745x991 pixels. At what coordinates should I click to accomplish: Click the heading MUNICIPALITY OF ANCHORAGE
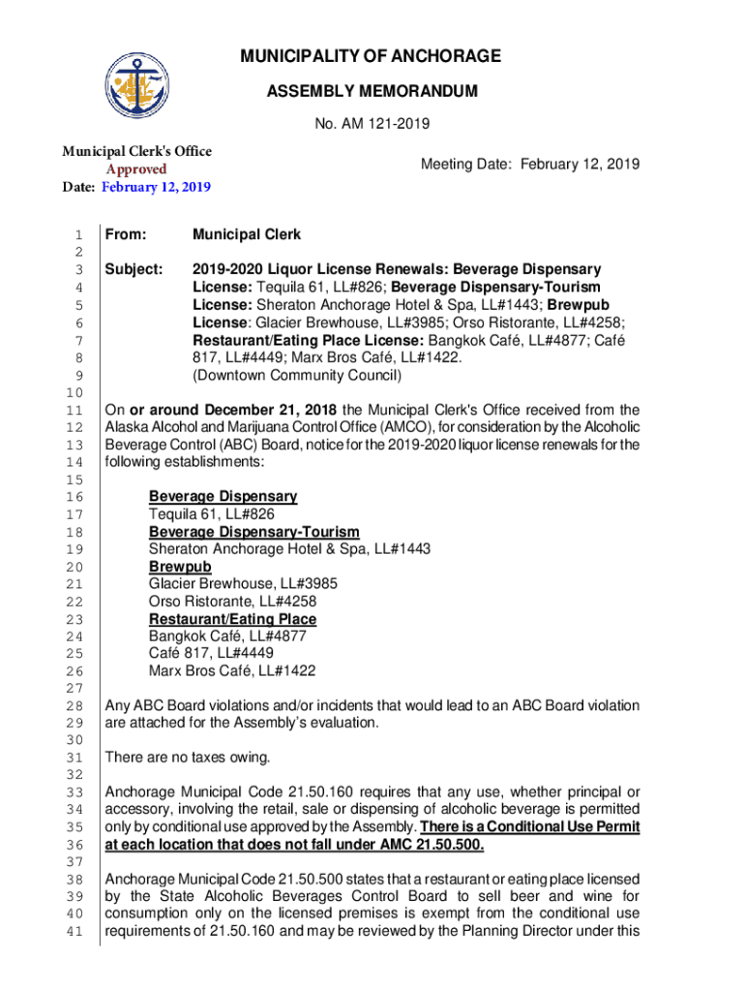tap(372, 57)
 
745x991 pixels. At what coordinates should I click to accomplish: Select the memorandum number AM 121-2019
tap(372, 124)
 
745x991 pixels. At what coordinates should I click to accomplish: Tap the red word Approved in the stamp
tap(136, 169)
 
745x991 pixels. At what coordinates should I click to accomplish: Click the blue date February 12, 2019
tap(157, 187)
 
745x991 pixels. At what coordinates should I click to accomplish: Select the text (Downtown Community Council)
tap(296, 375)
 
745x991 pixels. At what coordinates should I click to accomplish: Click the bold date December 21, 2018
tap(267, 410)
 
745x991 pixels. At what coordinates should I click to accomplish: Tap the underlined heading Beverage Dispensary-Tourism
tap(253, 532)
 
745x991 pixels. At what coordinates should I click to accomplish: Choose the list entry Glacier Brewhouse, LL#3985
tap(243, 585)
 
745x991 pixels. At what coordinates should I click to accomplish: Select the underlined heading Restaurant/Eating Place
tap(232, 619)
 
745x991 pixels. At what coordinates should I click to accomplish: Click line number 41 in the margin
tap(76, 933)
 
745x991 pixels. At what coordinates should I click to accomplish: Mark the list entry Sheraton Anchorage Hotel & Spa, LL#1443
tap(289, 550)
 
